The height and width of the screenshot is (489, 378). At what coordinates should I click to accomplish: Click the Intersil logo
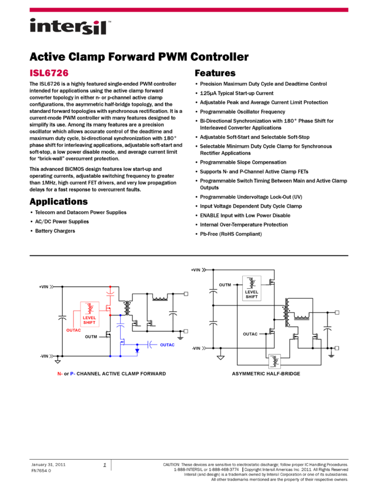point(70,27)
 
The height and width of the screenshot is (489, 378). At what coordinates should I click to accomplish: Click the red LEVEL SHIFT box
point(89,314)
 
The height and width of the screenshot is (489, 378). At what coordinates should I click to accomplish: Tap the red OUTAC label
point(74,330)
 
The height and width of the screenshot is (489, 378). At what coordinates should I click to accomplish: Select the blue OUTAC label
point(167,345)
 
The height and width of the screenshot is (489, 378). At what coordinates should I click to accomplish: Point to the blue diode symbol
point(137,350)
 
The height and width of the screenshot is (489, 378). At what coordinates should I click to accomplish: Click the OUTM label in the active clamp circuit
point(91,337)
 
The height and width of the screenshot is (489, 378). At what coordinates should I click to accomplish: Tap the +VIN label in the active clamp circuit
point(44,286)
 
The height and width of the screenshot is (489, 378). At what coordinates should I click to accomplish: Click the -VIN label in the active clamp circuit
point(44,356)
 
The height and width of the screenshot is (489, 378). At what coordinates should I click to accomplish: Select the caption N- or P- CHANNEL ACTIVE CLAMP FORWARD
point(111,373)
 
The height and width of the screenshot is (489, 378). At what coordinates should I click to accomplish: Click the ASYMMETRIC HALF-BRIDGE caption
point(266,373)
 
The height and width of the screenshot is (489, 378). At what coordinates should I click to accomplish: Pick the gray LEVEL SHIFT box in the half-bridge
point(251,288)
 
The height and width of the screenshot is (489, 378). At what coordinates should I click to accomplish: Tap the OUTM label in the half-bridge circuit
point(224,285)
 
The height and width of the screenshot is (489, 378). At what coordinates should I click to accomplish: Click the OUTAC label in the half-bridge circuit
point(250,334)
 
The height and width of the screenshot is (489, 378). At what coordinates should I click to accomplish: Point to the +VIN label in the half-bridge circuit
point(196,270)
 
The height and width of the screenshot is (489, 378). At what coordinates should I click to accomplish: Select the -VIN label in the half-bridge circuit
point(196,348)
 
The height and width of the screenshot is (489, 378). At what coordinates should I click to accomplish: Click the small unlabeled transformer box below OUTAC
point(274,361)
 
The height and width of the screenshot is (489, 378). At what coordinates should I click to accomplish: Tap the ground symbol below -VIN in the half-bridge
point(220,357)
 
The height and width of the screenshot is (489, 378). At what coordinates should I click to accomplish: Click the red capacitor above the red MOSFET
point(110,294)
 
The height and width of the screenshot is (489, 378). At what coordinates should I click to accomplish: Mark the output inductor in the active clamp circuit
point(159,298)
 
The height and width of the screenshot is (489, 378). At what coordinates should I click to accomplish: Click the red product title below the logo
point(49,73)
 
